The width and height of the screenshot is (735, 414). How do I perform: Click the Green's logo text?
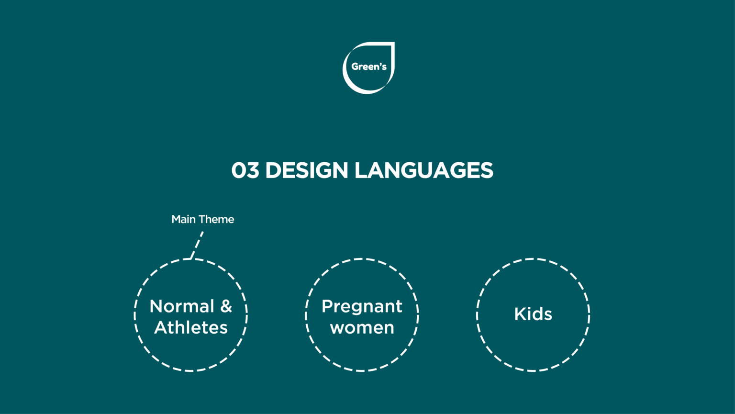[369, 67]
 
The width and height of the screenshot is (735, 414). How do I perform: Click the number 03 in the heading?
[245, 170]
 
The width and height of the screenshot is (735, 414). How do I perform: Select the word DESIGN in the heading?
[306, 170]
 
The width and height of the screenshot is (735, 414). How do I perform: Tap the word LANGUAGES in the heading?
[423, 170]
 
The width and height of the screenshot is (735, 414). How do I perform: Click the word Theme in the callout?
[216, 219]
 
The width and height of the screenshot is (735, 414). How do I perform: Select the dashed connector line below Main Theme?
[197, 245]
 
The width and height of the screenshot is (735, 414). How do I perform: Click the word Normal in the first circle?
[182, 306]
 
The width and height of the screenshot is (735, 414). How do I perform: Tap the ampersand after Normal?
[226, 306]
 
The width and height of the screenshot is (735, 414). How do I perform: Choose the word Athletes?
[191, 327]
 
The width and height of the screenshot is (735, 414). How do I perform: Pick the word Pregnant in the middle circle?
[362, 307]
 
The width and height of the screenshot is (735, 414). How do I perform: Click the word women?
[362, 328]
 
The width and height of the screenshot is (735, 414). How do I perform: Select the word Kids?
[533, 314]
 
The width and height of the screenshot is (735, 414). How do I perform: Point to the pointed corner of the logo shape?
[394, 42]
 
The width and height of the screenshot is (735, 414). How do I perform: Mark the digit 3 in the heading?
[252, 170]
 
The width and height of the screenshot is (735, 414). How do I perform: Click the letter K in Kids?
[520, 314]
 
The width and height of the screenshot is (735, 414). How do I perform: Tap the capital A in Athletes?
[161, 327]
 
